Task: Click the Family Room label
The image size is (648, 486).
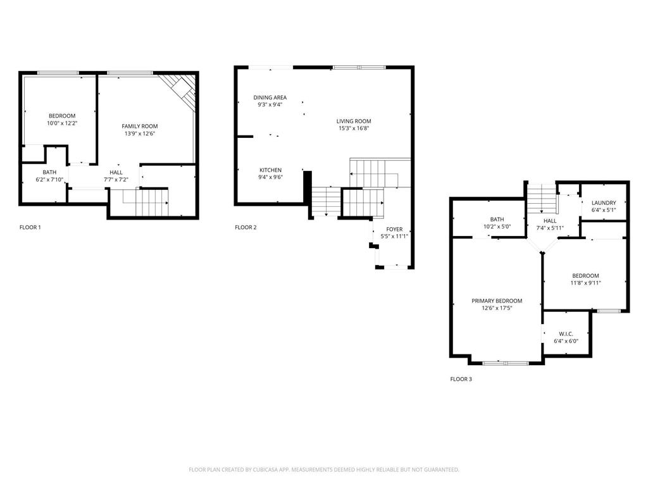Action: coord(140,127)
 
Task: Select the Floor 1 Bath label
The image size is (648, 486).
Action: coord(49,172)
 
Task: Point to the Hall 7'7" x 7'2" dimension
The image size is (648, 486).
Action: coord(116,180)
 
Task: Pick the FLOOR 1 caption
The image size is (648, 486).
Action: coord(30,227)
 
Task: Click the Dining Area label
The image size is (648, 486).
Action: coord(270,97)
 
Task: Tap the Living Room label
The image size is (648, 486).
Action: coord(353,121)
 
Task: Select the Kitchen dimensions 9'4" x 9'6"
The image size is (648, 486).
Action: coord(270,178)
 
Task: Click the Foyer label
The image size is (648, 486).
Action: coord(394,229)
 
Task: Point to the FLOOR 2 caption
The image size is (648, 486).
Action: coord(246,227)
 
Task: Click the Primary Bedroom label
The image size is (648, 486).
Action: coord(497,301)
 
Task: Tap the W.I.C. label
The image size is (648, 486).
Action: coord(566,333)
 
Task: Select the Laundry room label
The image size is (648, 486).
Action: coord(603,202)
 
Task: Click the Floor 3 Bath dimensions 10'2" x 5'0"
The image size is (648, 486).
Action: coord(496,227)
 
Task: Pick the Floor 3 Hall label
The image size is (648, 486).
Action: coord(550,221)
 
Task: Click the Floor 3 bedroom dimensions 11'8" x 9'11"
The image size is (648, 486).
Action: coord(585,283)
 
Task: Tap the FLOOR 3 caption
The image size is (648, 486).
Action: coord(461,379)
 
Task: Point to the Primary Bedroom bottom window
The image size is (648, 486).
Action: coord(505,363)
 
